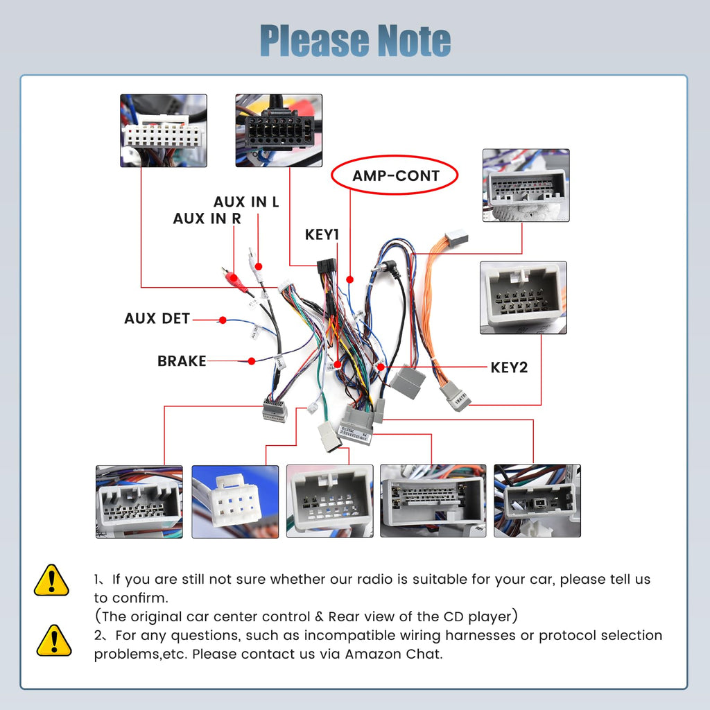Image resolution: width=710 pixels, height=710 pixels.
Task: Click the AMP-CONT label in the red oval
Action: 396,175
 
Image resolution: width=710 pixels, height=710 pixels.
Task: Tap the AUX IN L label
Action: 246,202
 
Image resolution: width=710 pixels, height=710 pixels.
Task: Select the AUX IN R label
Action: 207,218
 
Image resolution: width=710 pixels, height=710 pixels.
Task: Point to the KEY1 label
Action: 322,234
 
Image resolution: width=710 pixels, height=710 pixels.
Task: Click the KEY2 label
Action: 510,367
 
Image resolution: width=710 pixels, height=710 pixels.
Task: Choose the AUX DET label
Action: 157,318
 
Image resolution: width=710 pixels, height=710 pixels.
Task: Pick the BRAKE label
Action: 182,361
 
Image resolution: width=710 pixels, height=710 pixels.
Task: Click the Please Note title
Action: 356,41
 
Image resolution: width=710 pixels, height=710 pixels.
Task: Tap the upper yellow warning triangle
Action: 51,580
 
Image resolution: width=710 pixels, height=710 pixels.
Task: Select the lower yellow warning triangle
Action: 54,641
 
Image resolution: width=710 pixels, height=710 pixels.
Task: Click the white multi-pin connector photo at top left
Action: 164,131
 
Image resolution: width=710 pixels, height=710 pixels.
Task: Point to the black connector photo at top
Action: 279,131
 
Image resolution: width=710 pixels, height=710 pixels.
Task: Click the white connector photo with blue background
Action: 235,502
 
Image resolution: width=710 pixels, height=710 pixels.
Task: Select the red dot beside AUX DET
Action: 223,320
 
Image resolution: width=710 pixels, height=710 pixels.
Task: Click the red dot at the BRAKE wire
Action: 251,361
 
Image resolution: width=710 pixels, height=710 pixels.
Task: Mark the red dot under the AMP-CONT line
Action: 349,279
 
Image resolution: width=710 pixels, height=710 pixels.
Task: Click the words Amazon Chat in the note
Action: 393,654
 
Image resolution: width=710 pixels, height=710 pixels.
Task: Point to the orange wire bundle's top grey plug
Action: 456,236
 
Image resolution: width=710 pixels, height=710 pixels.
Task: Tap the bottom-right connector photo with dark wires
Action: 537,501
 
